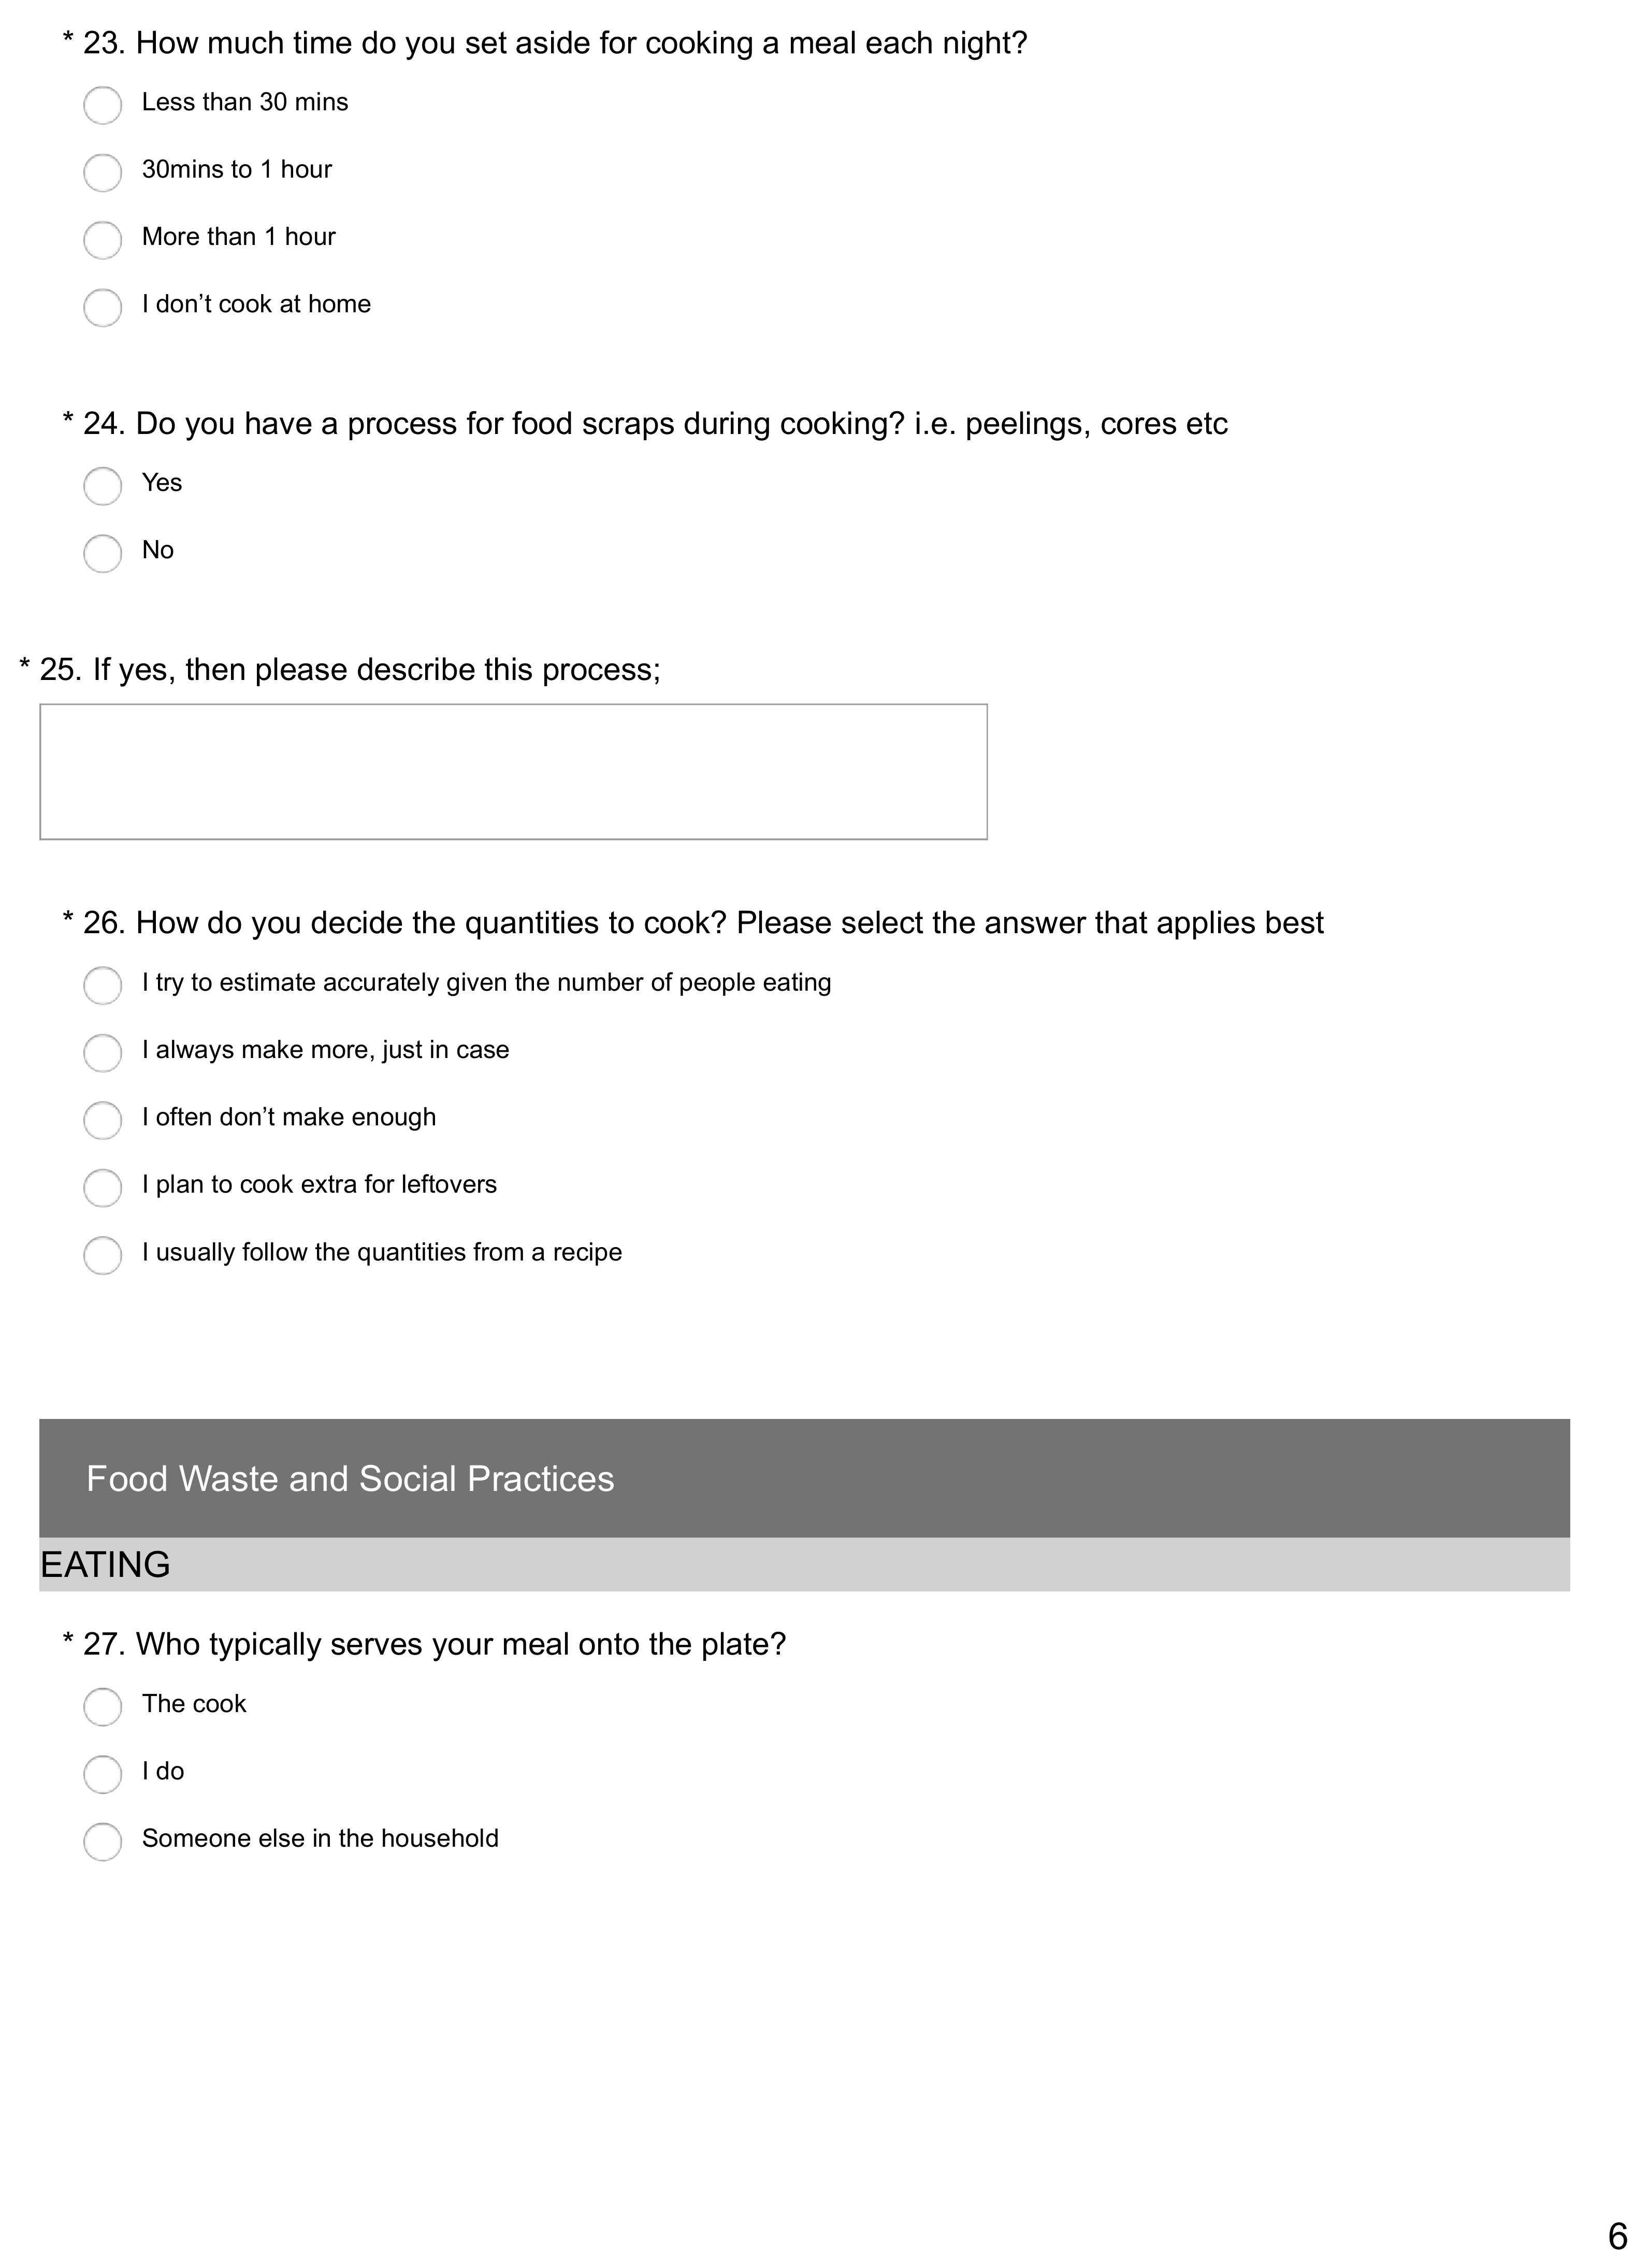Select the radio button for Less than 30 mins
(x=103, y=105)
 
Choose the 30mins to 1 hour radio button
(x=103, y=172)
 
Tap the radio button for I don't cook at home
(x=103, y=308)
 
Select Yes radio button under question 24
(x=103, y=486)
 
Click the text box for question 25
(x=513, y=772)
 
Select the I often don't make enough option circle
(x=103, y=1120)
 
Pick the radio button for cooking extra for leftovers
(x=103, y=1188)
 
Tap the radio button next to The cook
(x=103, y=1707)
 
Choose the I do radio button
(x=103, y=1775)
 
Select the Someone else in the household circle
(x=103, y=1842)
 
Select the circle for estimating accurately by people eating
(x=103, y=986)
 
